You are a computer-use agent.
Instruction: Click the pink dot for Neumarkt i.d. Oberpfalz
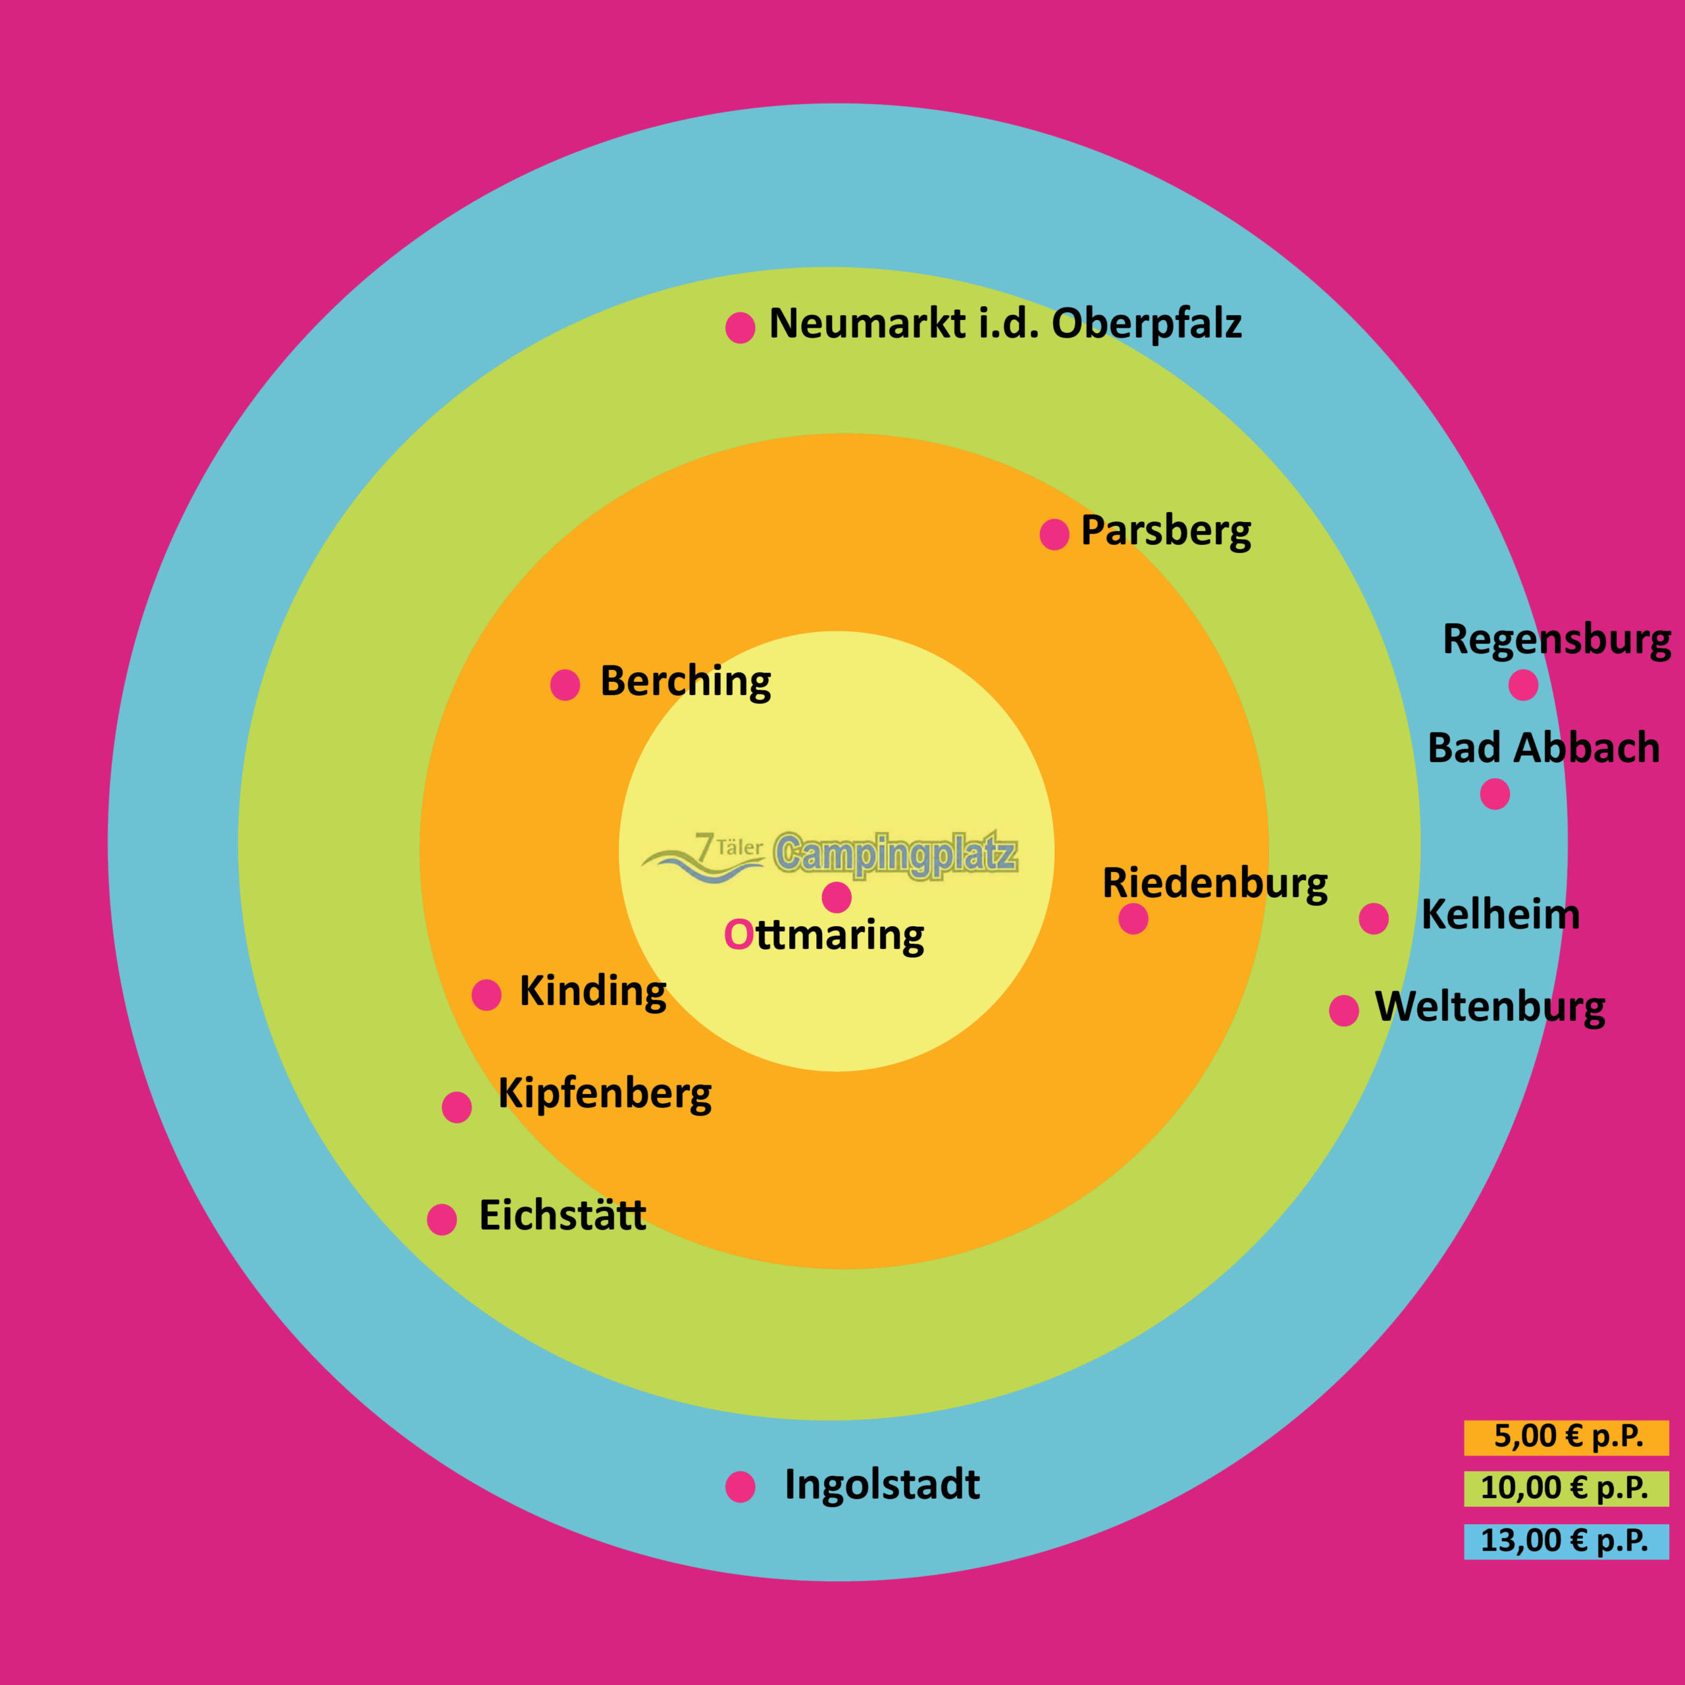[x=740, y=328]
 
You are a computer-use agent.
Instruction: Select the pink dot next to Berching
[x=565, y=685]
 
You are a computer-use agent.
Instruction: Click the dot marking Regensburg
[x=1523, y=685]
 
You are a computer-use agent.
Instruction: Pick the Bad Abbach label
[x=1543, y=748]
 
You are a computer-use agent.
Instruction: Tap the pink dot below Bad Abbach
[x=1495, y=794]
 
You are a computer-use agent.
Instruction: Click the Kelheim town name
[x=1500, y=915]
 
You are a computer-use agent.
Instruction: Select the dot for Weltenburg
[x=1344, y=1010]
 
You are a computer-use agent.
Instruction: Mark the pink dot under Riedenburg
[x=1133, y=918]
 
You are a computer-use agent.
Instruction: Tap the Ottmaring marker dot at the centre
[x=837, y=896]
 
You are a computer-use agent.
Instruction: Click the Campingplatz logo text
[x=895, y=854]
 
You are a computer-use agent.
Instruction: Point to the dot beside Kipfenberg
[x=457, y=1106]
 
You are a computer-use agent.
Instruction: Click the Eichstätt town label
[x=563, y=1216]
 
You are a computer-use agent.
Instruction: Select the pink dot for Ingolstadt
[x=740, y=1487]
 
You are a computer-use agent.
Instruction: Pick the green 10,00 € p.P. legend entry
[x=1565, y=1488]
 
